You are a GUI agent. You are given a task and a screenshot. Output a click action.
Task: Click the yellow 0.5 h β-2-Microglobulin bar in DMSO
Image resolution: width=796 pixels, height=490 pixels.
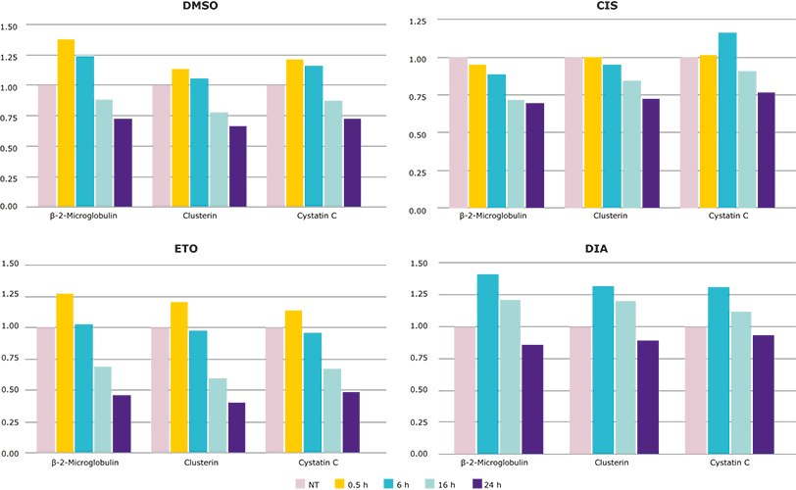pos(66,123)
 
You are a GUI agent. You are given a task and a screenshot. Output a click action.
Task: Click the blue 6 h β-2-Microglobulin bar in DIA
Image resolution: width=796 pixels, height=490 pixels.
pos(487,364)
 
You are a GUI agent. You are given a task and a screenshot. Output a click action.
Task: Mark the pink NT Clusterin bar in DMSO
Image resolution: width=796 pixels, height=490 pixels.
pos(160,146)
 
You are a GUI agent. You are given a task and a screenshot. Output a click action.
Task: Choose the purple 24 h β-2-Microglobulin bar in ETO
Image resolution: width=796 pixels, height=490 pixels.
pos(122,424)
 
